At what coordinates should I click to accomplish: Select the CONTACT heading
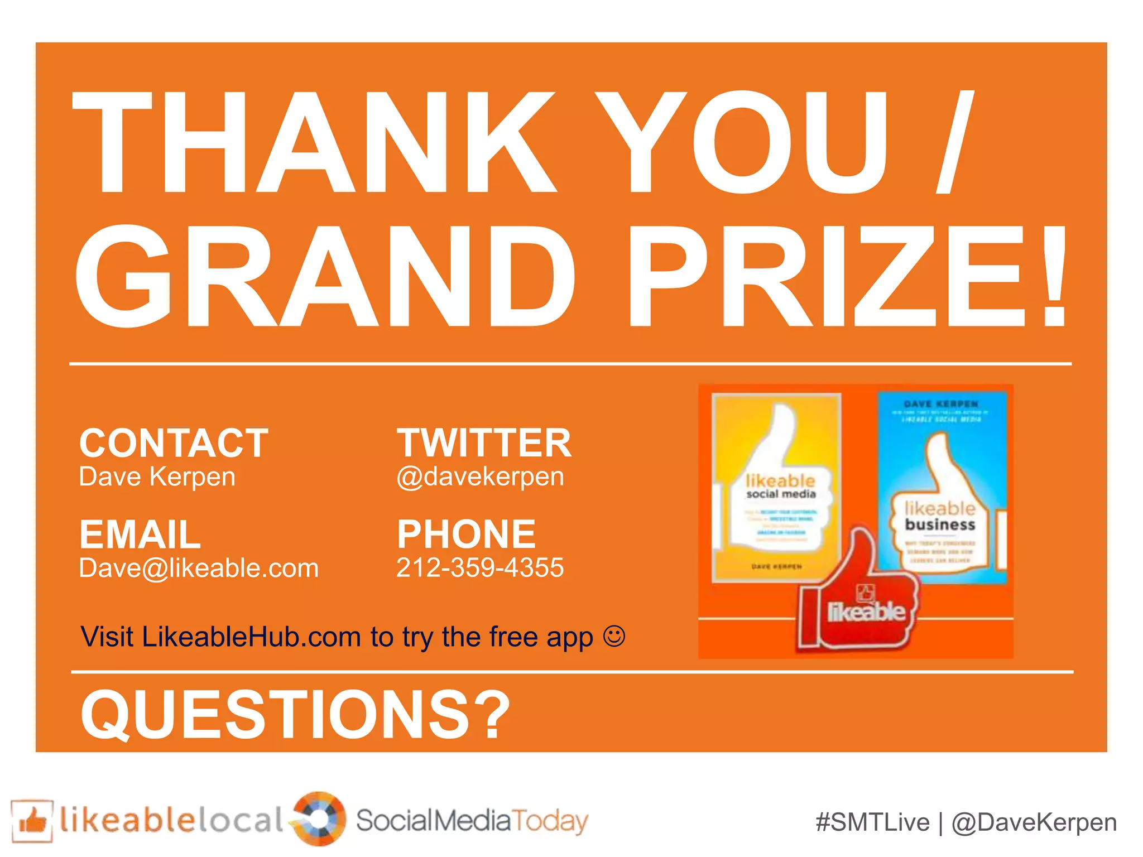coord(174,443)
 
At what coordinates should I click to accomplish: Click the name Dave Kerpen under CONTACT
coord(157,477)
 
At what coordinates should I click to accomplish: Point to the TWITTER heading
coord(484,443)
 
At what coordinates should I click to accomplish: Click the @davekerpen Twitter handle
coord(480,477)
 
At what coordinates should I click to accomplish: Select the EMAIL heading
coord(140,534)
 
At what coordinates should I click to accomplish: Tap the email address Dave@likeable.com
coord(199,569)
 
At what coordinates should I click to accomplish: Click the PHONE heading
coord(466,534)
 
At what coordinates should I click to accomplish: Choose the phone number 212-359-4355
coord(480,568)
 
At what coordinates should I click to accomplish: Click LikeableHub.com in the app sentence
coord(251,637)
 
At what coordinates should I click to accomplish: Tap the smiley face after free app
coord(614,636)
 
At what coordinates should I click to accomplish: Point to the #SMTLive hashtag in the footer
coord(872,823)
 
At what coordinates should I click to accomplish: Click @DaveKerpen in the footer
coord(1034,823)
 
